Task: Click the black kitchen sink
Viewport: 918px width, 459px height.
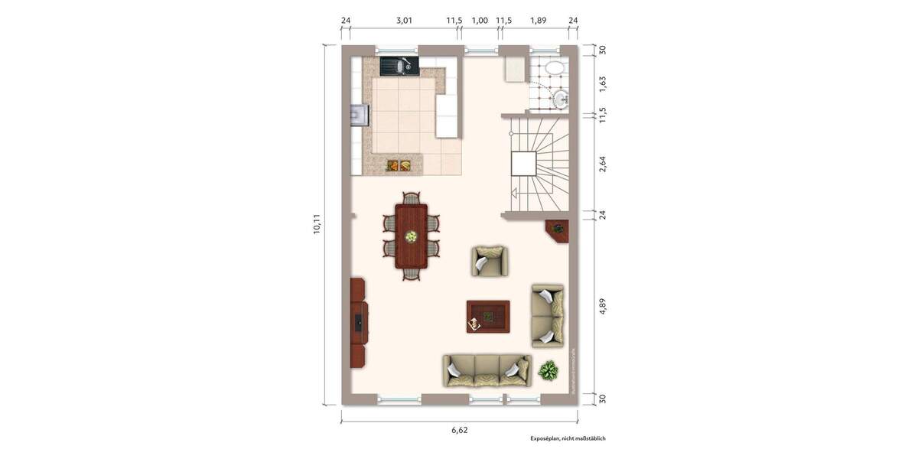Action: (399, 67)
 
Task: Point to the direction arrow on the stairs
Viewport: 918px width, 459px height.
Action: (515, 194)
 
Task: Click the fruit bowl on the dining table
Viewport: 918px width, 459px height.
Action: (412, 237)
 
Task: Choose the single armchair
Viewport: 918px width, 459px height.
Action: (489, 261)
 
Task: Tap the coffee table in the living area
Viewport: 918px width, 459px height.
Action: (488, 316)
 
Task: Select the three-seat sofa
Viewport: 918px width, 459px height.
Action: (487, 370)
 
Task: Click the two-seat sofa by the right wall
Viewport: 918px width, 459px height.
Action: (548, 315)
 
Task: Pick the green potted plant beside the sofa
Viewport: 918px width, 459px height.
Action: (549, 372)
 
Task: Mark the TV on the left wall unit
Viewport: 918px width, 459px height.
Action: (357, 321)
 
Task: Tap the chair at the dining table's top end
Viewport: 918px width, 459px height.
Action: (412, 198)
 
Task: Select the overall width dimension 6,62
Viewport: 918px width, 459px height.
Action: (459, 430)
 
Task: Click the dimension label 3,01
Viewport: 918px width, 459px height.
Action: (404, 21)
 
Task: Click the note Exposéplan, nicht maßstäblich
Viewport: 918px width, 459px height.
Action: (568, 438)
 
